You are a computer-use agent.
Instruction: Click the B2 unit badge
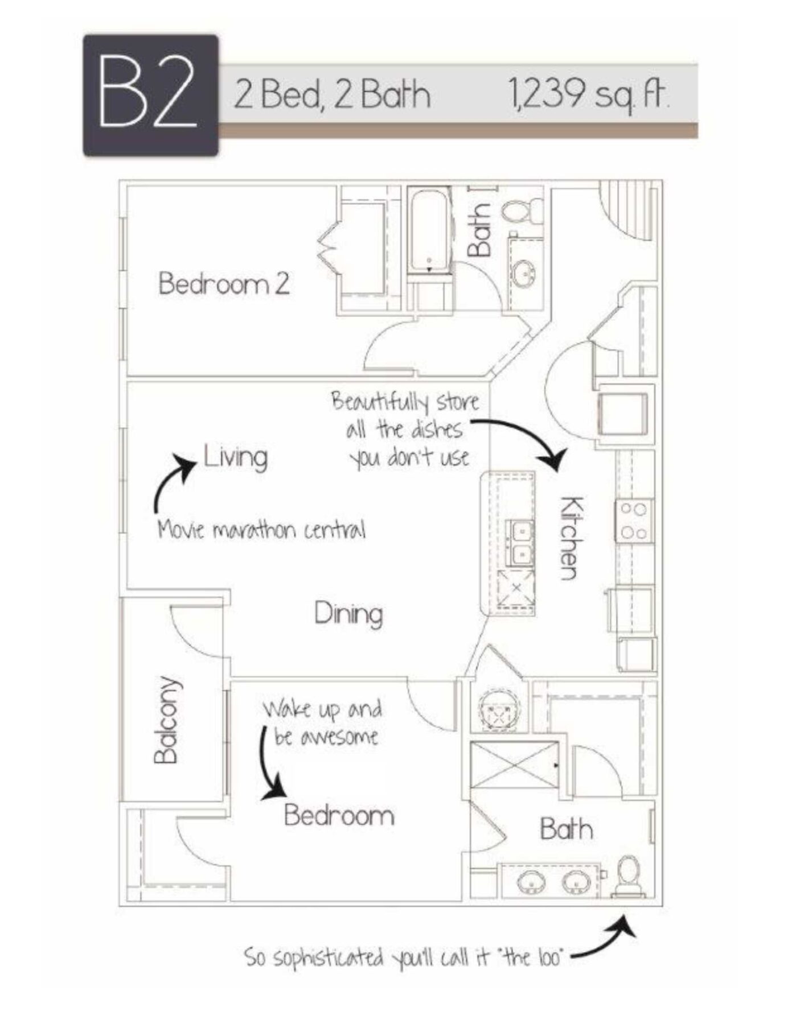click(x=151, y=96)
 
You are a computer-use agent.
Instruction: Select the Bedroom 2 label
click(x=224, y=283)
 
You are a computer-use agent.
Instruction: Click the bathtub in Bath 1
click(x=429, y=232)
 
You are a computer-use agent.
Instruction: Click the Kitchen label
click(x=571, y=538)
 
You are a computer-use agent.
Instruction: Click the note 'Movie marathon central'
click(x=261, y=530)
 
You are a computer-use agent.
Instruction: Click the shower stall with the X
click(x=514, y=764)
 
